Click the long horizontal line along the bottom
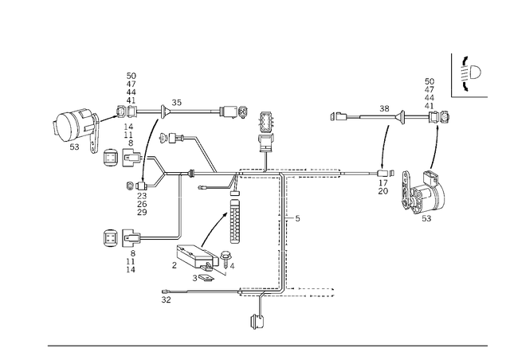pyautogui.click(x=267, y=346)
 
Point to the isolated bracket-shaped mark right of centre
pyautogui.click(x=339, y=117)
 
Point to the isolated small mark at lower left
pyautogui.click(x=164, y=296)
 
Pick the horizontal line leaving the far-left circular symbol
pyautogui.click(x=155, y=236)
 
